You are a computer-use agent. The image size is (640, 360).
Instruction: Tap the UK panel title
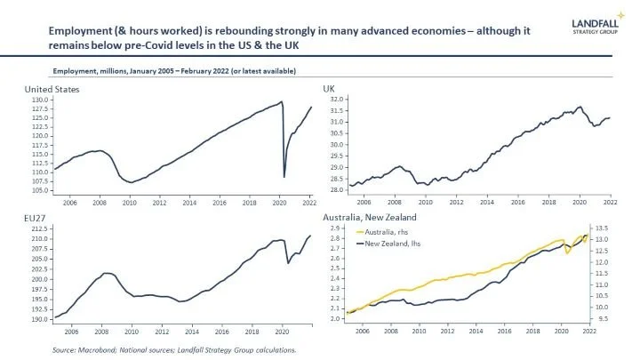point(327,90)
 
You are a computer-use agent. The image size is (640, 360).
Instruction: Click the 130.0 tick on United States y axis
point(40,100)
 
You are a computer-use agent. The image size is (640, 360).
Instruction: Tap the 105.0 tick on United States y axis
point(40,190)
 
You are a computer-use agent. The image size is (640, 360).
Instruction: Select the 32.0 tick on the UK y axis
point(336,100)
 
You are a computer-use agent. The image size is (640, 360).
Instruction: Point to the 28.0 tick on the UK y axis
point(336,189)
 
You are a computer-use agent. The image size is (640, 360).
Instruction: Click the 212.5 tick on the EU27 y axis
point(40,229)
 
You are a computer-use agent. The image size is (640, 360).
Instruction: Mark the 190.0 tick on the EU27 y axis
point(40,318)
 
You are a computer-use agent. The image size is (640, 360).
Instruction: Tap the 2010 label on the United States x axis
point(129,202)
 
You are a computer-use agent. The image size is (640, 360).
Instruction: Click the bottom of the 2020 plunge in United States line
point(284,177)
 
